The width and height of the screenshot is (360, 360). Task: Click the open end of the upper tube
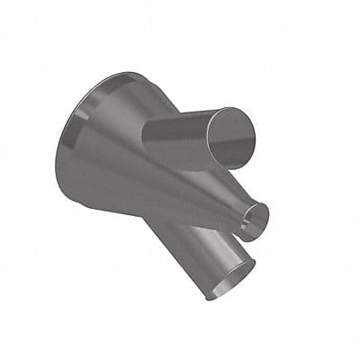(232, 138)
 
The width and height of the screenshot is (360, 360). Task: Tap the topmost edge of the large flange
(112, 74)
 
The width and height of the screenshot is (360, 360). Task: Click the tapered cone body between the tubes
(180, 193)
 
